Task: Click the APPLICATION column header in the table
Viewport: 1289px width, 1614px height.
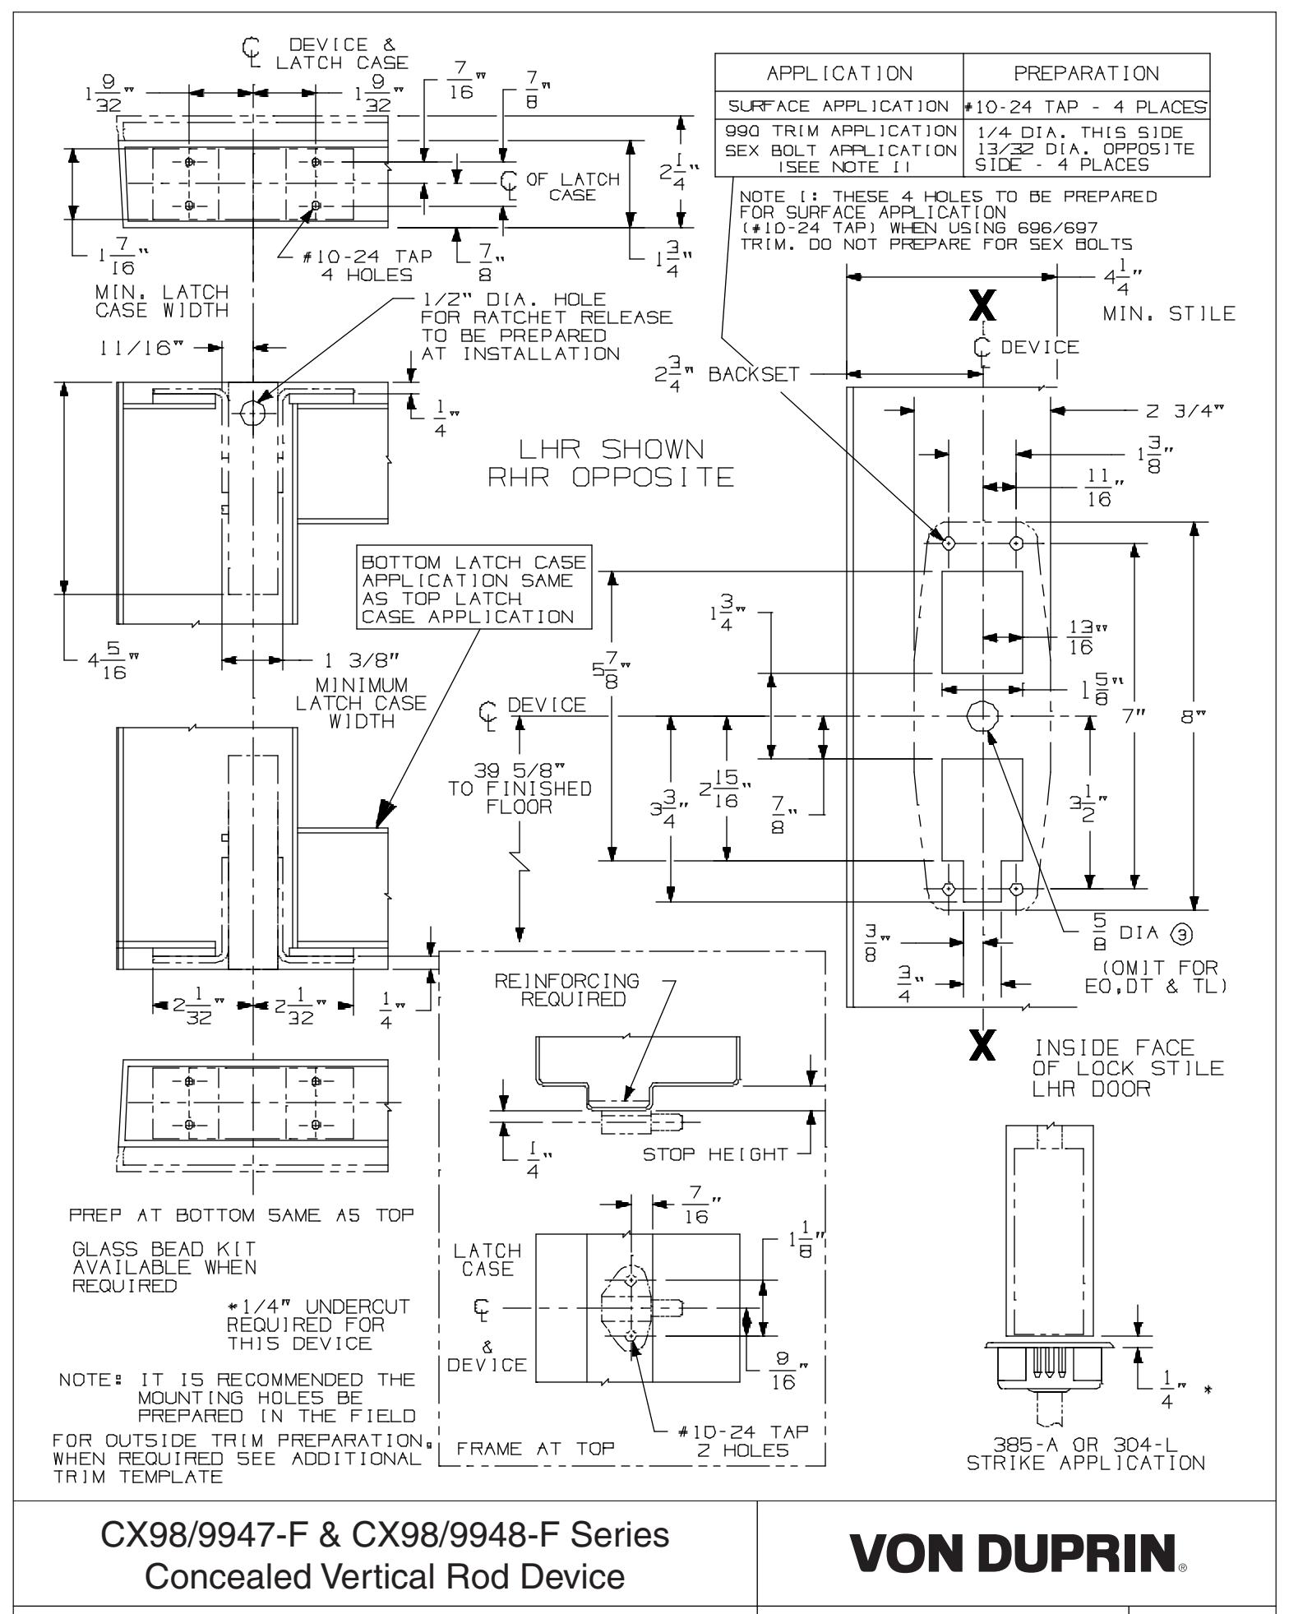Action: point(839,73)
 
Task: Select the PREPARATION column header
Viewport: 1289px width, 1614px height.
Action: point(1086,73)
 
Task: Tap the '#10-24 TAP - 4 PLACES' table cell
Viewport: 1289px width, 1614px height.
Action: point(1086,106)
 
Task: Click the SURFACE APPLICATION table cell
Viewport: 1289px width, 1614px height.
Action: point(839,106)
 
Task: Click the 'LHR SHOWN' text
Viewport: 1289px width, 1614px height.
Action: point(612,450)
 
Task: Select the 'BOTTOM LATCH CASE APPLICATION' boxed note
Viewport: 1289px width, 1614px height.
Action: point(474,590)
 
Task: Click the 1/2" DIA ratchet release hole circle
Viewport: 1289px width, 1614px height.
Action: point(253,412)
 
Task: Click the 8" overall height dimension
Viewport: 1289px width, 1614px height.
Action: point(1194,717)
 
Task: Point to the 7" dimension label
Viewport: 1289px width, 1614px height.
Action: point(1135,717)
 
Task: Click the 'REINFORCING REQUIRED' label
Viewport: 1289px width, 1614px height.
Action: point(567,990)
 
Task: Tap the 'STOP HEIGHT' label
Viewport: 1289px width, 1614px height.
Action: point(714,1154)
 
